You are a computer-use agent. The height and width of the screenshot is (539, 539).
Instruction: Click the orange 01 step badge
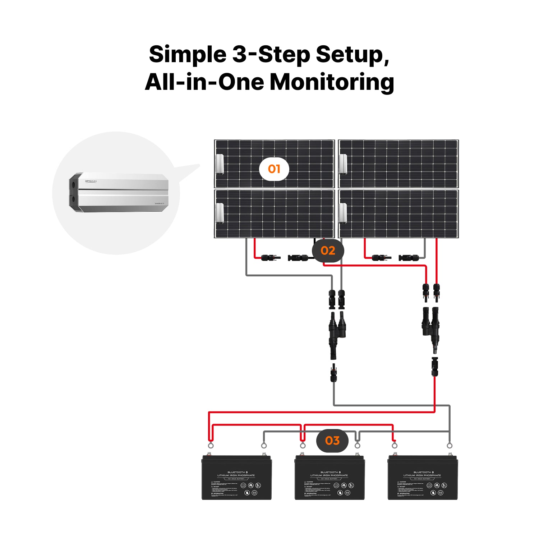click(274, 169)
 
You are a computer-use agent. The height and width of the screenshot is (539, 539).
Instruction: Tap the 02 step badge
click(328, 250)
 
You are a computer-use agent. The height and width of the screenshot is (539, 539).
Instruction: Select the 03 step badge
click(332, 441)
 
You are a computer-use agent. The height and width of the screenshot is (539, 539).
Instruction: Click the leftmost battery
click(236, 478)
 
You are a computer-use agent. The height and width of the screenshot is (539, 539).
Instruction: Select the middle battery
click(330, 478)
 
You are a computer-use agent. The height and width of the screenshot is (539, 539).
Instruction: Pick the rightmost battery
click(423, 478)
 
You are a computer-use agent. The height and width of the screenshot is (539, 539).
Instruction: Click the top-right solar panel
click(399, 164)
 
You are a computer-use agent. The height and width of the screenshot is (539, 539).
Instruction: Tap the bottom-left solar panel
click(274, 214)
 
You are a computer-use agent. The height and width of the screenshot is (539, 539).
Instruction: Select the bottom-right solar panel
click(399, 214)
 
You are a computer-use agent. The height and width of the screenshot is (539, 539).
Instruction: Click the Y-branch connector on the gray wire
click(337, 331)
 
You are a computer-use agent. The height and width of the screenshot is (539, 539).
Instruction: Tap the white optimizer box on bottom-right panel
click(343, 213)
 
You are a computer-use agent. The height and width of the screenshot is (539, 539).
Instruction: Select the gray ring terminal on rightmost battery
click(450, 446)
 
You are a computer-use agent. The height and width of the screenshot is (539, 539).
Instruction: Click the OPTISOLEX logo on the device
click(91, 181)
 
